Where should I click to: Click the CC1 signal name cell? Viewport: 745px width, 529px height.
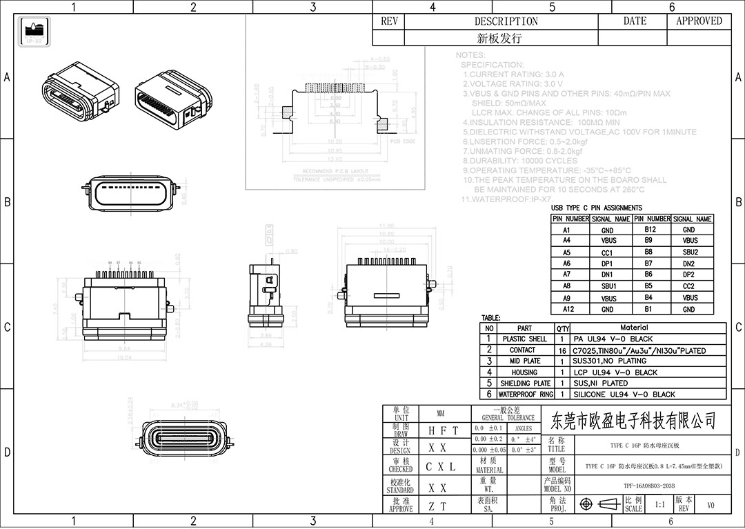pyautogui.click(x=607, y=252)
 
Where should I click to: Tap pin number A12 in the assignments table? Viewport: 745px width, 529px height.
pyautogui.click(x=566, y=309)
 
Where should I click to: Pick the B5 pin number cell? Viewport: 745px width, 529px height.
pyautogui.click(x=648, y=286)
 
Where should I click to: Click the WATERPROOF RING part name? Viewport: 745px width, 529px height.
pyautogui.click(x=526, y=395)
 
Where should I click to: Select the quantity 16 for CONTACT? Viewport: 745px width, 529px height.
pyautogui.click(x=562, y=350)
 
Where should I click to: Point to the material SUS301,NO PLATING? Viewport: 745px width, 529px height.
pyautogui.click(x=610, y=361)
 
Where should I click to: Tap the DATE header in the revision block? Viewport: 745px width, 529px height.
pyautogui.click(x=635, y=21)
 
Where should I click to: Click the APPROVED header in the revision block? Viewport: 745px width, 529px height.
pyautogui.click(x=698, y=21)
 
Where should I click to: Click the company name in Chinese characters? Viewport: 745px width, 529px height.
pyautogui.click(x=631, y=419)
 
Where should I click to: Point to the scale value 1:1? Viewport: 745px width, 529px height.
pyautogui.click(x=659, y=505)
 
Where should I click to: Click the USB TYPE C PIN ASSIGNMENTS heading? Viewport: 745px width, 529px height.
pyautogui.click(x=596, y=208)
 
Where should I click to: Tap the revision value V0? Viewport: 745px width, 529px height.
pyautogui.click(x=711, y=505)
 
